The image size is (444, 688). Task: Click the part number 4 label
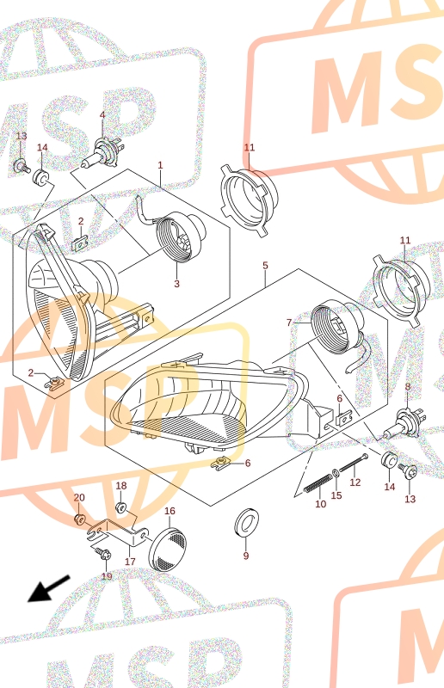[102, 115]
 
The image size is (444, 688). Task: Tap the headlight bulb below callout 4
[102, 155]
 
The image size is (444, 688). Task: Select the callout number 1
[160, 165]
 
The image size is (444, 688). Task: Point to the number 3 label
[176, 284]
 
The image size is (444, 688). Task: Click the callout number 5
[265, 266]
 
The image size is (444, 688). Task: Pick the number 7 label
[288, 323]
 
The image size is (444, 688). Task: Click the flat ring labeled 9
[246, 522]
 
